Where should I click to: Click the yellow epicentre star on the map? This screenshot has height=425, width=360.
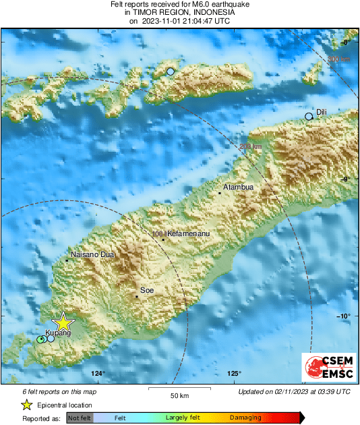click(63, 322)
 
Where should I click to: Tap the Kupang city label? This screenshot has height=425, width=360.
click(58, 333)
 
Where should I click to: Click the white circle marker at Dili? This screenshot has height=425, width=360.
click(309, 117)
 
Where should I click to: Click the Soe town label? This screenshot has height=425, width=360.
click(147, 290)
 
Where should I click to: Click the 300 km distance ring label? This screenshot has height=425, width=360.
click(340, 59)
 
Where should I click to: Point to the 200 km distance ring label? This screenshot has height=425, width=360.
click(249, 146)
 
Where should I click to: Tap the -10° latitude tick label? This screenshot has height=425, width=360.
click(344, 316)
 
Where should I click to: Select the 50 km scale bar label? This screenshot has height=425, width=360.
click(179, 395)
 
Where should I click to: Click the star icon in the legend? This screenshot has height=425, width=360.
click(26, 405)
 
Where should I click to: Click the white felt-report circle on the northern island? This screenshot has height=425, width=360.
click(171, 71)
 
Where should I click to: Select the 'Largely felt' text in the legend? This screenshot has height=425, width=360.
click(181, 418)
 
